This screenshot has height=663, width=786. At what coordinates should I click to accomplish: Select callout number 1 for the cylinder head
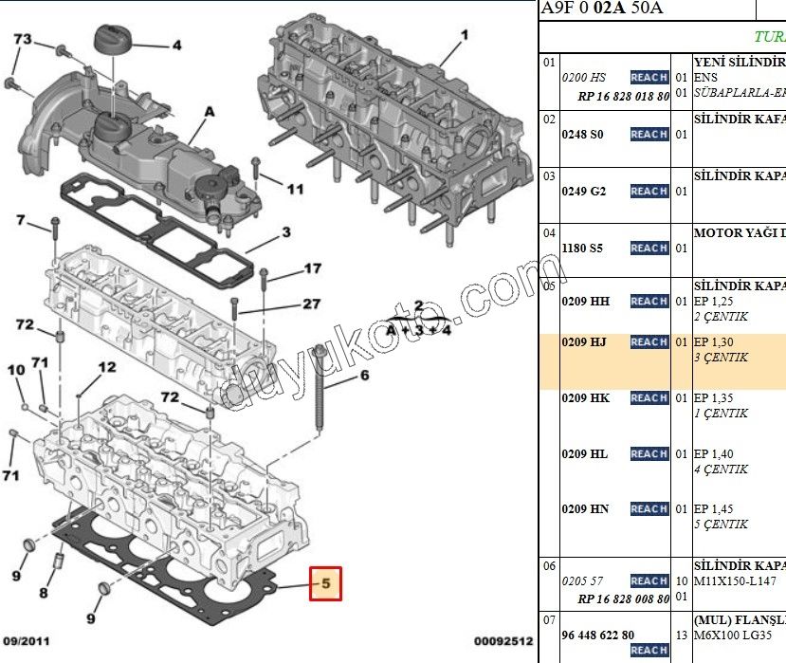pos(465,35)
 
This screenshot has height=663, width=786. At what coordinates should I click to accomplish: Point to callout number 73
pos(22,39)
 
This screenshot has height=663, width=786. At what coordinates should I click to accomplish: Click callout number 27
pos(312,304)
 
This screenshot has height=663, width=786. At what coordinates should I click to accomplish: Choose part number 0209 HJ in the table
pos(585,341)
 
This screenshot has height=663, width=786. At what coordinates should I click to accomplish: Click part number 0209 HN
pos(585,508)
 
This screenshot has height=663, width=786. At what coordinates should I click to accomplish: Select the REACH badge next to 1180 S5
pos(649,248)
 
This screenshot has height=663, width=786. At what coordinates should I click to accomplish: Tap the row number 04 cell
pos(549,232)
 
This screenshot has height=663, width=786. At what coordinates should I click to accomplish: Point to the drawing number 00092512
pos(504,642)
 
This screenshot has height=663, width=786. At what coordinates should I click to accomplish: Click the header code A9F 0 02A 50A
pos(601,9)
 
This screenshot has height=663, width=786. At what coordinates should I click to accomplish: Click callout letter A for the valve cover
pos(209,111)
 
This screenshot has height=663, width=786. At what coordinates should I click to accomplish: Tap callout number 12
pos(106,367)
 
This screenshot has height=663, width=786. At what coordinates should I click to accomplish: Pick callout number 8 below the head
pos(44,594)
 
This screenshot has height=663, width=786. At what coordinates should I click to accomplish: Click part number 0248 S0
pos(581,134)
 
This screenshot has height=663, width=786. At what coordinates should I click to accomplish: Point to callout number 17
pos(312,269)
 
